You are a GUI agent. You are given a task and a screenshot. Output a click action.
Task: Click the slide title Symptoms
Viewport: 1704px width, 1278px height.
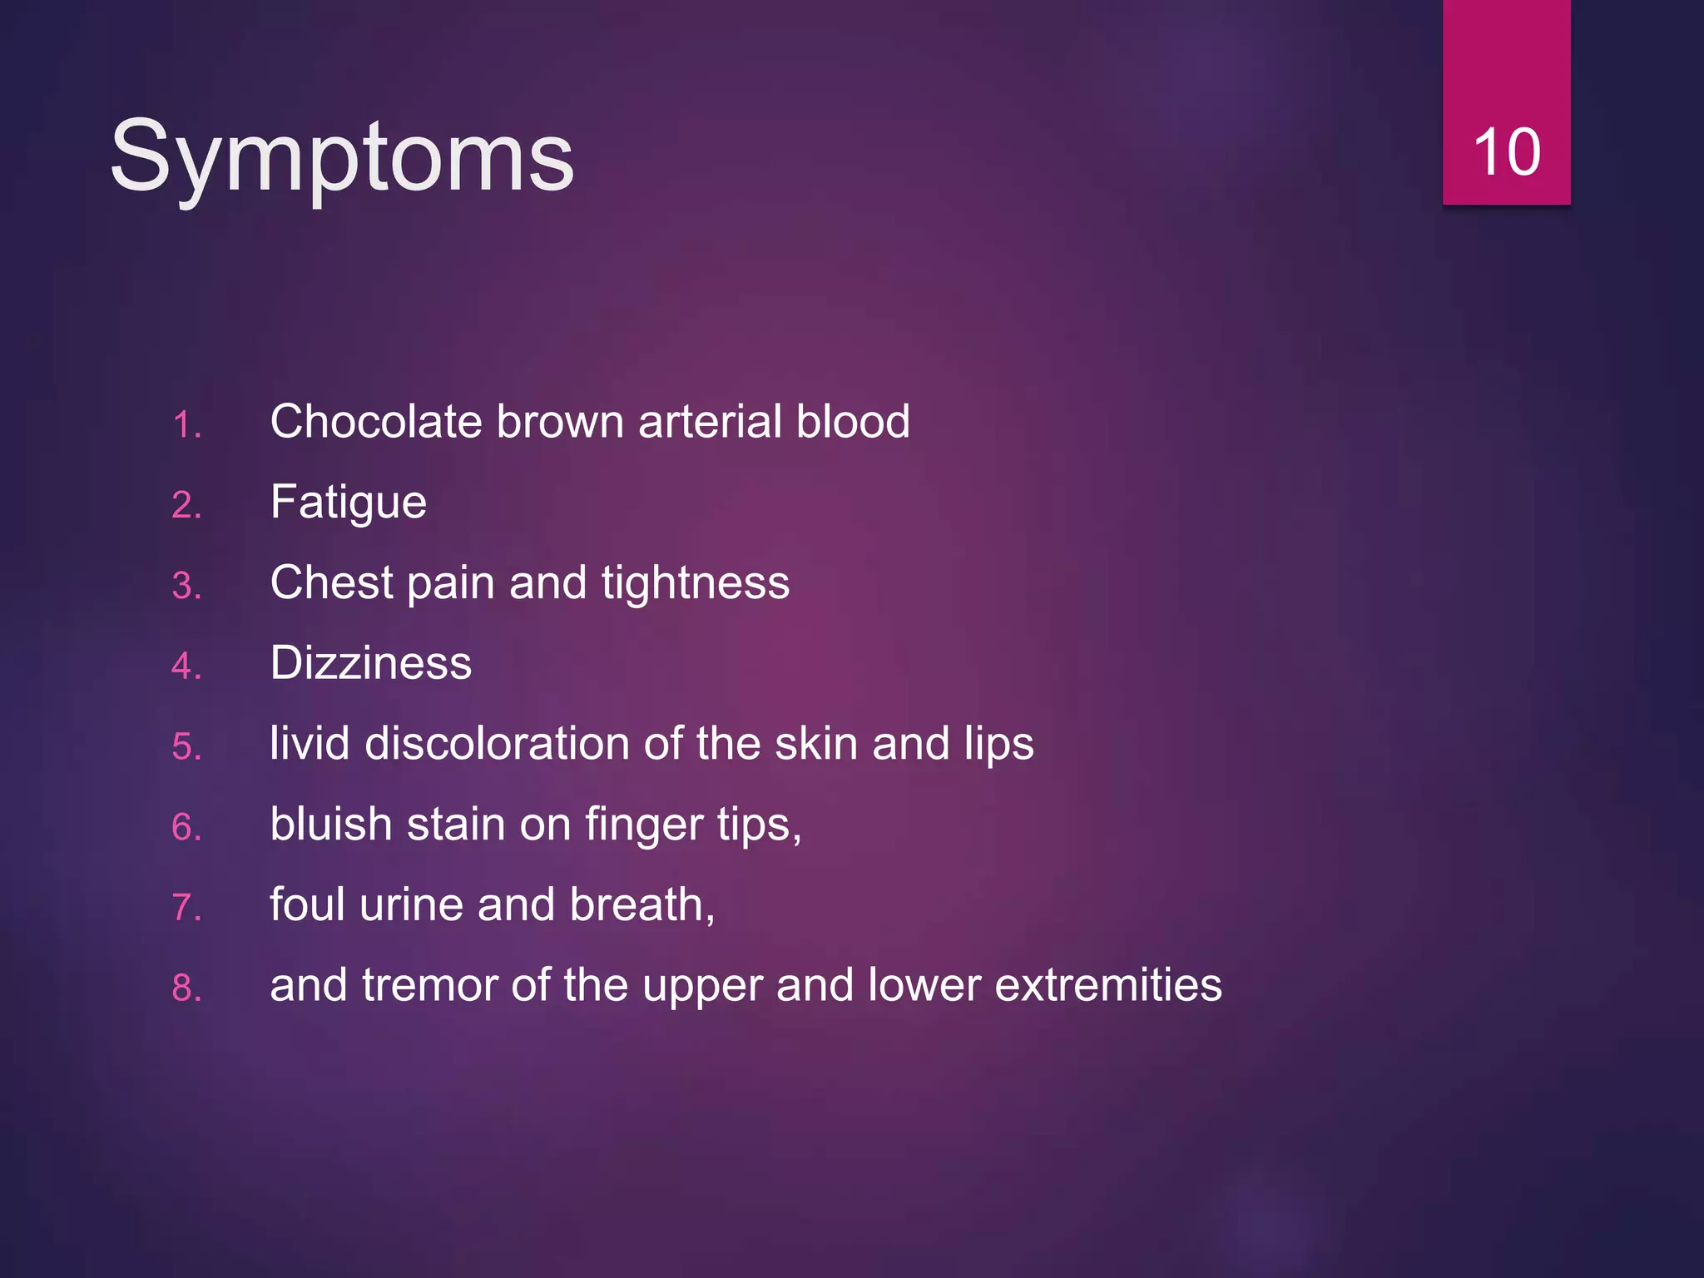tap(341, 156)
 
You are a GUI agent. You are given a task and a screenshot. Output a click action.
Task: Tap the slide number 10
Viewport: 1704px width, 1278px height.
tap(1506, 153)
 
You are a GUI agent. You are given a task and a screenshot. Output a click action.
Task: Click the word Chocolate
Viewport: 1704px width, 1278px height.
tap(376, 421)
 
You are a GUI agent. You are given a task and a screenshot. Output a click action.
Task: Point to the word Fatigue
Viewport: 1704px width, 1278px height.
tap(348, 503)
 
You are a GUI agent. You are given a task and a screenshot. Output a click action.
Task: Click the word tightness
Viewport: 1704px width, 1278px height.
tap(695, 582)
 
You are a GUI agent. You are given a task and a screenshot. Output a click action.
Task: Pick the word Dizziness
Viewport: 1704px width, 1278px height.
tap(370, 663)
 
